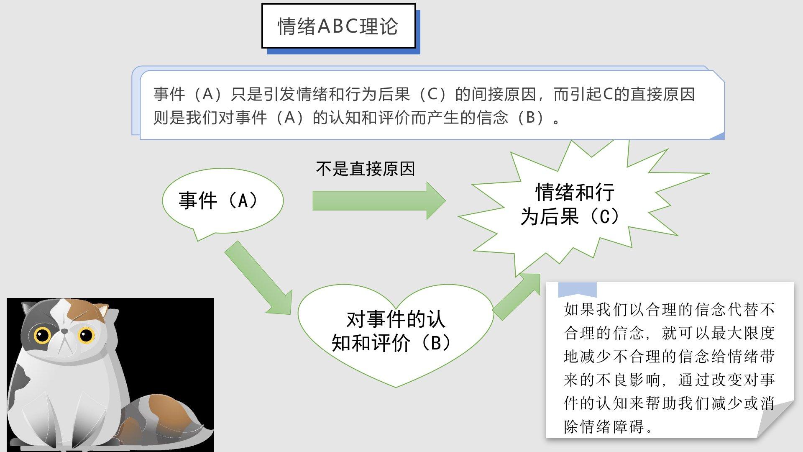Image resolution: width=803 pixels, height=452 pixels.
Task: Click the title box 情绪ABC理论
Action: [338, 26]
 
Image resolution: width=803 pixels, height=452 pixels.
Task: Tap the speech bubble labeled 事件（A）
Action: [222, 200]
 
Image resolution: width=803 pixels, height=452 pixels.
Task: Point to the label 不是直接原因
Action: [365, 169]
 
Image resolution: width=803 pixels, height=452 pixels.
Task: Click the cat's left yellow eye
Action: [42, 335]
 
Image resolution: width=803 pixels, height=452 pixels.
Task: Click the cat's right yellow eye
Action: [86, 335]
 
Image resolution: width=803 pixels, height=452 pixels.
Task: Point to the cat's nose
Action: [65, 331]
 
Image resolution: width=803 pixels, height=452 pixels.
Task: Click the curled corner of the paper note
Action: [778, 419]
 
